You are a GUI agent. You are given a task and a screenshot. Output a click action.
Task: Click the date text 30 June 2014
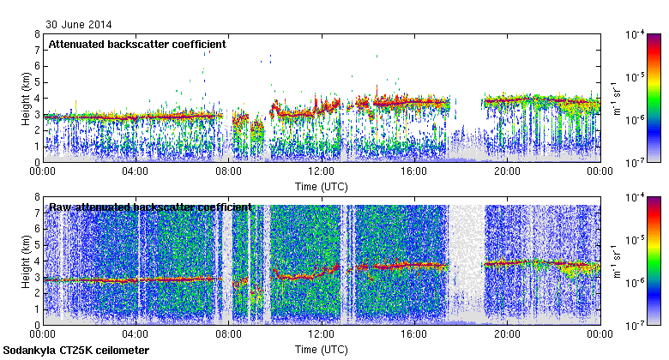pyautogui.click(x=78, y=25)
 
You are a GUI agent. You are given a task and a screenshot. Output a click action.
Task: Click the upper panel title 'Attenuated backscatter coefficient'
pyautogui.click(x=137, y=44)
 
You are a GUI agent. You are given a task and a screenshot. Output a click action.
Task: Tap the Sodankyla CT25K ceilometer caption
pyautogui.click(x=76, y=351)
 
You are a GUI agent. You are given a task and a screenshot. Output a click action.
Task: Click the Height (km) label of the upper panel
pyautogui.click(x=26, y=98)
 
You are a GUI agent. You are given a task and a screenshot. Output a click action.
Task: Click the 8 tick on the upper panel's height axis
pyautogui.click(x=37, y=34)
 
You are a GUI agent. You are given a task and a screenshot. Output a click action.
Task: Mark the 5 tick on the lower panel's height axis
pyautogui.click(x=37, y=244)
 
